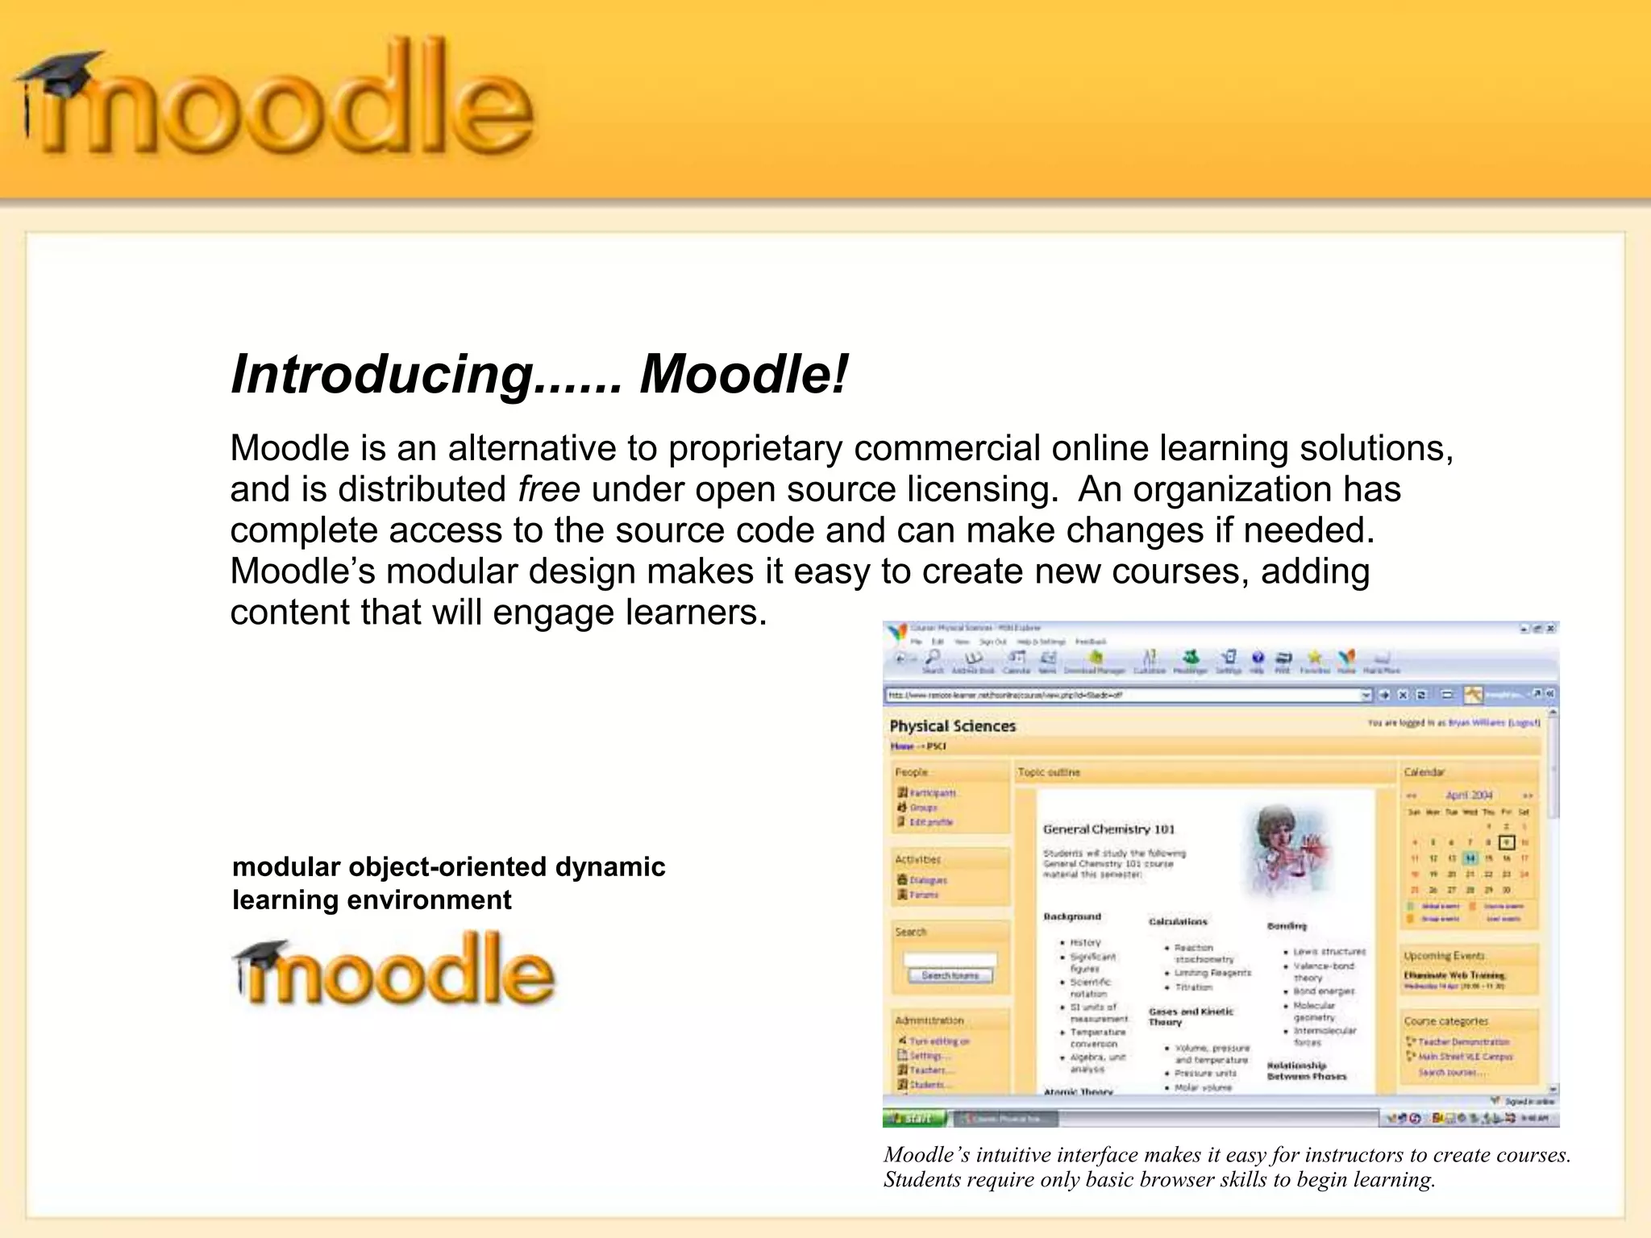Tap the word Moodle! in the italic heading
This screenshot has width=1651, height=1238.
click(743, 375)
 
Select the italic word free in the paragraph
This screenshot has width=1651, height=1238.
click(548, 489)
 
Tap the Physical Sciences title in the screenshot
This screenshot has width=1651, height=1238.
click(952, 726)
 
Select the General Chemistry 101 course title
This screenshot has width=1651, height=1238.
click(1108, 829)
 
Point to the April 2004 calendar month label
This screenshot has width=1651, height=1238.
click(1469, 795)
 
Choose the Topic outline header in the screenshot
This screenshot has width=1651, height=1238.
click(1048, 772)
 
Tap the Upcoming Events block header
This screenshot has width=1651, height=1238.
click(1444, 956)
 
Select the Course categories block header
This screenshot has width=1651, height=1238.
click(1445, 1021)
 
